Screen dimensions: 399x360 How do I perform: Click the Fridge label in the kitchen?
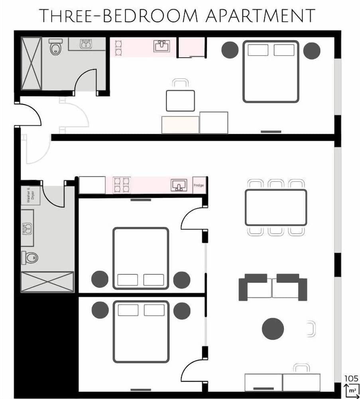199,185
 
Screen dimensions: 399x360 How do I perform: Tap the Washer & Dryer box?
30,196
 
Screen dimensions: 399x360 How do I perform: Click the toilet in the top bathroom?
55,47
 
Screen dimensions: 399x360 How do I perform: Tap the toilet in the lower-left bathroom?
30,258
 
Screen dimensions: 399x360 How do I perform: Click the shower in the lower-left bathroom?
47,282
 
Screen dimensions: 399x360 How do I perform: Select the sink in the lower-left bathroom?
27,229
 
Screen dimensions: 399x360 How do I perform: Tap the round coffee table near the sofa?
273,329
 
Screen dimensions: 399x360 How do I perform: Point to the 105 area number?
351,379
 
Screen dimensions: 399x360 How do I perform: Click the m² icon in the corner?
351,389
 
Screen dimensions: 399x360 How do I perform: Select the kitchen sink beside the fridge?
179,185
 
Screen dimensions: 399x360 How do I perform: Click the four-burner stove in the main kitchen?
122,185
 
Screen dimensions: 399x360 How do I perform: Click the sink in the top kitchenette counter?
163,46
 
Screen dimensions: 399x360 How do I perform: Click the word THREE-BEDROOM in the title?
111,16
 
